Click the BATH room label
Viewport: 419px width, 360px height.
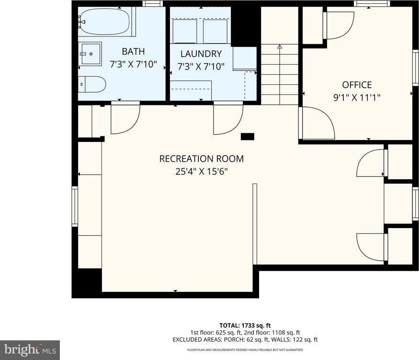coord(133,51)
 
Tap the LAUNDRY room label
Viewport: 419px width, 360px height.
coord(201,54)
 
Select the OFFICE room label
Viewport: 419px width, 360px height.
coord(356,85)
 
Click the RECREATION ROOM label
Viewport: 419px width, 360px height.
coord(201,159)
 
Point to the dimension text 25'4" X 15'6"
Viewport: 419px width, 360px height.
coord(201,171)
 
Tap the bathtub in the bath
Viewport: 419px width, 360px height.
coord(104,21)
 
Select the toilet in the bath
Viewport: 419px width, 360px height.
coord(92,84)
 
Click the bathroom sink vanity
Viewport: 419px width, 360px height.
coord(90,53)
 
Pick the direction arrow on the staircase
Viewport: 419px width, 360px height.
coord(280,47)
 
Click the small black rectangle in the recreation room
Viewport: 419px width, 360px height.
coord(247,137)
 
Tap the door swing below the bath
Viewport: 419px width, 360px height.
coord(125,118)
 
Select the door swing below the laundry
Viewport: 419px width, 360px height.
coord(227,118)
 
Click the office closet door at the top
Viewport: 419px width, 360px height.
coord(338,25)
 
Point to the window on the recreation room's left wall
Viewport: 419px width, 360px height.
coord(75,206)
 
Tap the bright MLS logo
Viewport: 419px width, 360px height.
coord(30,349)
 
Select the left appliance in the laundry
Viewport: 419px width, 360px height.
coord(184,31)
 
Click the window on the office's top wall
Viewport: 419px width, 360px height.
coord(372,4)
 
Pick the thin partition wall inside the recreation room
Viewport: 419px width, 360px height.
coord(255,223)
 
